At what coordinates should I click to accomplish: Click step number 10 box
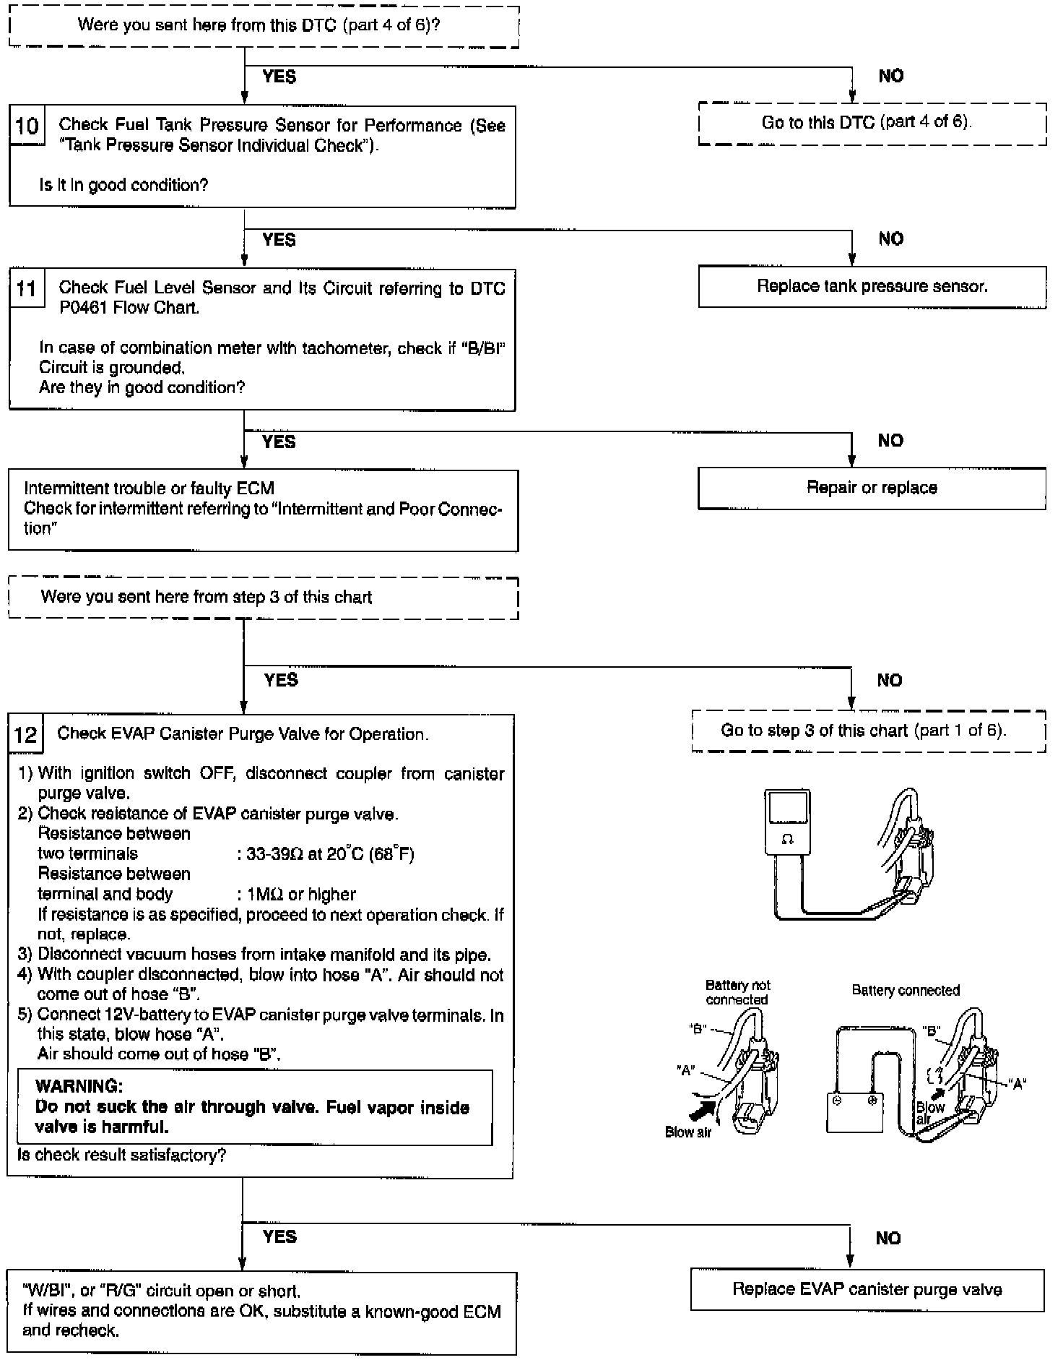pos(27,126)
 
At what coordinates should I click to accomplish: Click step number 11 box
pos(27,288)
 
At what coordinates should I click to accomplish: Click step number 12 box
pos(26,734)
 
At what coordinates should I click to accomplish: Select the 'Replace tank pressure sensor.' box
pos(872,287)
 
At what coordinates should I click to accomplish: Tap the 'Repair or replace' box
pos(872,488)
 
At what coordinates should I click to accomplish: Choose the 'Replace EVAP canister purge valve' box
pos(867,1289)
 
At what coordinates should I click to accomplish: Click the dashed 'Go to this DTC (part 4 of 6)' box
pos(872,122)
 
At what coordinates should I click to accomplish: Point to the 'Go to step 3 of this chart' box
pos(868,731)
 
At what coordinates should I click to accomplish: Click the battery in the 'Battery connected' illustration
pos(854,1111)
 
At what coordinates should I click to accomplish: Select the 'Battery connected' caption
pos(906,991)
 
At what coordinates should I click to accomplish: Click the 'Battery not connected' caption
pos(737,992)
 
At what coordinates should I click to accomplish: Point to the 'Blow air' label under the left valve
pos(688,1132)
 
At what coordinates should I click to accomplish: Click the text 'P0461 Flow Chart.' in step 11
pos(129,308)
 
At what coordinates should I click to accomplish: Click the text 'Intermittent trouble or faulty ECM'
pos(149,489)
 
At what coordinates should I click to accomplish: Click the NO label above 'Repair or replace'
pos(890,441)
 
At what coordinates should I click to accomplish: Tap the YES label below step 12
pos(280,1236)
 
